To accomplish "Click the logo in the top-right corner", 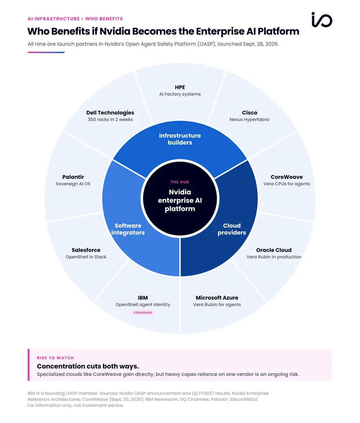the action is pyautogui.click(x=322, y=20).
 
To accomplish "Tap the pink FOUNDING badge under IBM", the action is pyautogui.click(x=143, y=313).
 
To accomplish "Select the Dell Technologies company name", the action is pyautogui.click(x=110, y=112).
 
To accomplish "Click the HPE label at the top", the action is pyautogui.click(x=180, y=87).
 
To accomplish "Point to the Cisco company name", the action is pyautogui.click(x=250, y=112).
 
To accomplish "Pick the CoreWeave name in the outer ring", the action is pyautogui.click(x=287, y=177).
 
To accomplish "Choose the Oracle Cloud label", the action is pyautogui.click(x=274, y=250).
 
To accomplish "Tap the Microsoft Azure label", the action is pyautogui.click(x=217, y=298).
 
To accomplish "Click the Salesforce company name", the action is pyautogui.click(x=86, y=250).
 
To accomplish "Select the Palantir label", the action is pyautogui.click(x=73, y=177).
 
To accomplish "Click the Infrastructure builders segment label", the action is pyautogui.click(x=180, y=139).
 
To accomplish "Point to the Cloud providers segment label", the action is pyautogui.click(x=232, y=229).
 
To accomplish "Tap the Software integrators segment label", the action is pyautogui.click(x=128, y=229).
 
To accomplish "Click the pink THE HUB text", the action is pyautogui.click(x=180, y=182).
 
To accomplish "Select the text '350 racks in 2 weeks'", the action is pyautogui.click(x=110, y=119).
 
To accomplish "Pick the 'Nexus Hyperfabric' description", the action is pyautogui.click(x=250, y=119).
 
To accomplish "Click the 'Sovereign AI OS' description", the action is pyautogui.click(x=73, y=184).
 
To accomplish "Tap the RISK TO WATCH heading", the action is pyautogui.click(x=55, y=358).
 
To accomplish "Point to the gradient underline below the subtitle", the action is pyautogui.click(x=46, y=52).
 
